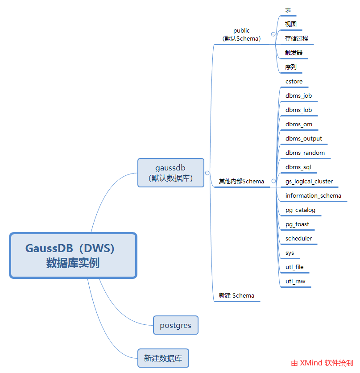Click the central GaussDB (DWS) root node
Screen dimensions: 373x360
click(x=73, y=255)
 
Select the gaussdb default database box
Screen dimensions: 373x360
click(x=170, y=173)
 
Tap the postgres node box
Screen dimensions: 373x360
click(x=175, y=325)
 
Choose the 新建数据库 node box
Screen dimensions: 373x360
click(x=163, y=358)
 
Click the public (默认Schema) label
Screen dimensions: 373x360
click(x=241, y=35)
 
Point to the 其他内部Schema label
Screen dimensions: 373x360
click(x=241, y=182)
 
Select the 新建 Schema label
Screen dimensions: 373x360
click(x=236, y=295)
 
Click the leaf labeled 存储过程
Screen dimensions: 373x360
click(x=297, y=38)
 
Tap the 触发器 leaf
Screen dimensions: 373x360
click(x=294, y=53)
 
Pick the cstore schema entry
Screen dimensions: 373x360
click(x=294, y=82)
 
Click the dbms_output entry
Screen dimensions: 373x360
click(x=304, y=139)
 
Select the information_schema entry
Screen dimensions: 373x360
click(x=313, y=196)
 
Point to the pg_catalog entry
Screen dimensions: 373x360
click(x=300, y=210)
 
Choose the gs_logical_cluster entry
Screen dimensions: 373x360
click(x=309, y=182)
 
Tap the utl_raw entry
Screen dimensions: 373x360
click(x=295, y=282)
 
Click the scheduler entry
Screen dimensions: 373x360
click(x=298, y=239)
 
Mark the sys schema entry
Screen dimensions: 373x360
click(x=290, y=253)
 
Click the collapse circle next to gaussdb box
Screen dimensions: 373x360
click(x=207, y=173)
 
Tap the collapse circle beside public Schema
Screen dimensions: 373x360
click(x=273, y=34)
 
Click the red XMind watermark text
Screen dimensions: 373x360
click(x=322, y=363)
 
